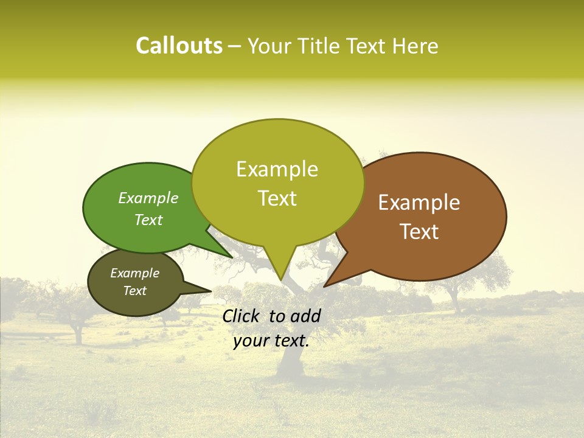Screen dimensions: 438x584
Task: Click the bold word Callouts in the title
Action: click(x=179, y=46)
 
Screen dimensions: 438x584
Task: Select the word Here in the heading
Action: click(x=415, y=46)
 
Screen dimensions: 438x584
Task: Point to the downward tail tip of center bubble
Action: click(x=280, y=280)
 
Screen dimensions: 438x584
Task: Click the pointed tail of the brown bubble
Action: click(x=326, y=285)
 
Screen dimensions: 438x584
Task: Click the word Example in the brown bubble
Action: click(x=419, y=203)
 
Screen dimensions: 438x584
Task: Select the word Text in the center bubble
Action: click(x=277, y=198)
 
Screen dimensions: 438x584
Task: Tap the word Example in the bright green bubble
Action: click(x=148, y=198)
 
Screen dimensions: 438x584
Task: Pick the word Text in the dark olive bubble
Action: click(x=135, y=291)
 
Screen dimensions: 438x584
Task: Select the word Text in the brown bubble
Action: click(x=420, y=232)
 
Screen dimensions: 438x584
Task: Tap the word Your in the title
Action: click(x=270, y=46)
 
